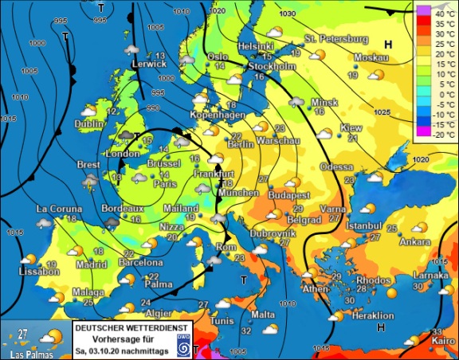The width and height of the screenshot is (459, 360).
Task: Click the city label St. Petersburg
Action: pyautogui.click(x=336, y=39)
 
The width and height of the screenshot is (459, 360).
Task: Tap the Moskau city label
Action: pyautogui.click(x=371, y=58)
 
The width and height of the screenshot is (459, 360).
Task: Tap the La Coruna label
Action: pyautogui.click(x=57, y=209)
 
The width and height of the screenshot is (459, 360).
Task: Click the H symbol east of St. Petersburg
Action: pyautogui.click(x=388, y=45)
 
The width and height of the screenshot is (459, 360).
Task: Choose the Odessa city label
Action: pyautogui.click(x=335, y=166)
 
